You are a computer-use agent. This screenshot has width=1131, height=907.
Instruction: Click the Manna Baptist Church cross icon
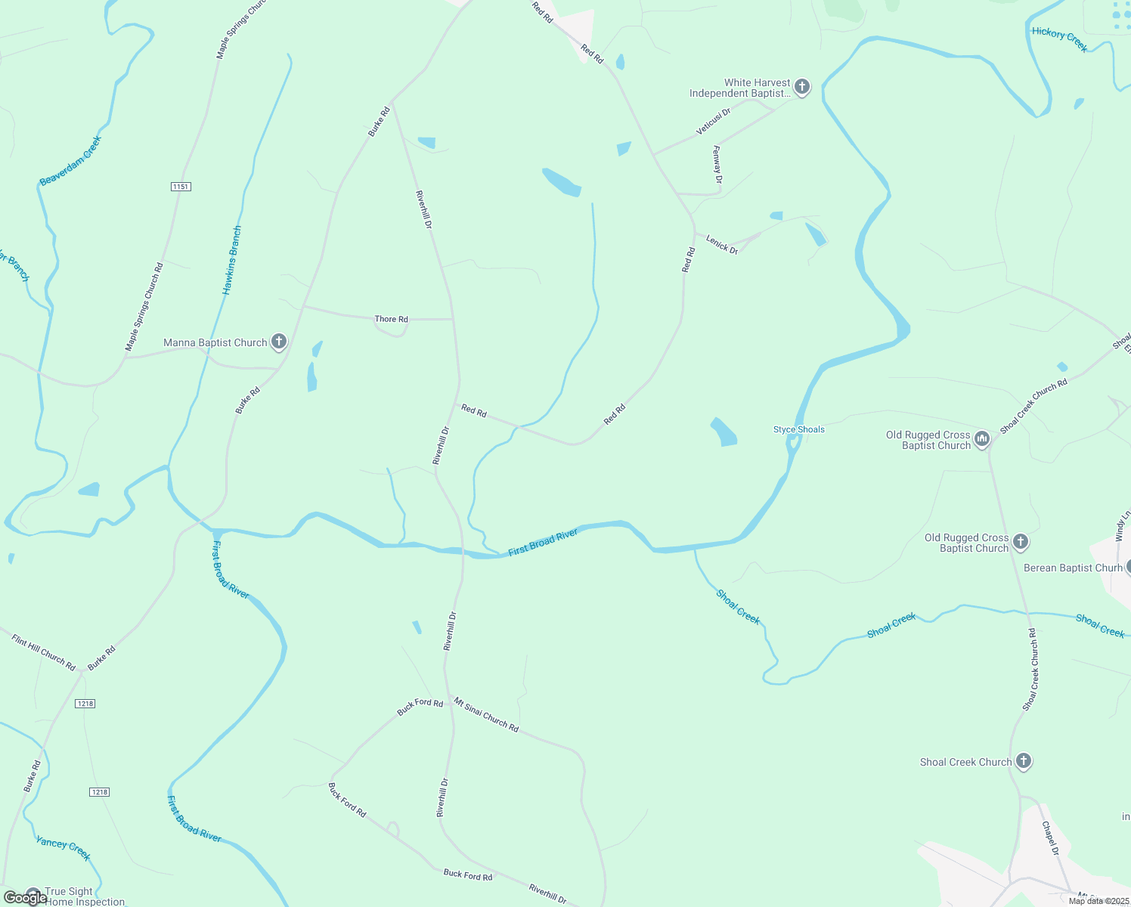(279, 342)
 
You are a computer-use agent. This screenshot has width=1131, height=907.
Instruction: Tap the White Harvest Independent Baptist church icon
(802, 88)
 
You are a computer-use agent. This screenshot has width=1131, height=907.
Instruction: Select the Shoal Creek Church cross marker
(1024, 761)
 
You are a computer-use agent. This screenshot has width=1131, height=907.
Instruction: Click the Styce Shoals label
(798, 429)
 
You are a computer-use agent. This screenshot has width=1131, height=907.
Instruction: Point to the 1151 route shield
(180, 187)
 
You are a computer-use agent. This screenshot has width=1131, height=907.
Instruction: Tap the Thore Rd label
(392, 319)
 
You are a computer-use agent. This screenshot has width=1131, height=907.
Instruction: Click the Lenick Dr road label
(722, 245)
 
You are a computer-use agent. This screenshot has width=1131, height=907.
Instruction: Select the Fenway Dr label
(717, 165)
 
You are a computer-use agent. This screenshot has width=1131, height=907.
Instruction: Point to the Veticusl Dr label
(713, 122)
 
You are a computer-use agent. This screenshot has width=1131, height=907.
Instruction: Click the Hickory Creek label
(1059, 39)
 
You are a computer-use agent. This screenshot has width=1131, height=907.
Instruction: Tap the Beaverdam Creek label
(70, 161)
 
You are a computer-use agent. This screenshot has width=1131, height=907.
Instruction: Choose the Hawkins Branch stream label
(232, 260)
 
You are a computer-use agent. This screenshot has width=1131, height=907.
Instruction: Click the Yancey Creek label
(64, 849)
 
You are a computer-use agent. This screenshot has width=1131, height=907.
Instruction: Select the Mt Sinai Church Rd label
(486, 715)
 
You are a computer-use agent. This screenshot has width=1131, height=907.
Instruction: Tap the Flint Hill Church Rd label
(44, 653)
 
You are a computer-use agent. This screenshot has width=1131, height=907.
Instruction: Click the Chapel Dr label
(1051, 838)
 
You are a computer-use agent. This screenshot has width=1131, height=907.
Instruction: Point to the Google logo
(25, 897)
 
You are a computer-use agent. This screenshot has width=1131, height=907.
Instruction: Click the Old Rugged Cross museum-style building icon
(981, 439)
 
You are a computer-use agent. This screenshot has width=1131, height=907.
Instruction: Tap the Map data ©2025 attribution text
(1098, 900)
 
